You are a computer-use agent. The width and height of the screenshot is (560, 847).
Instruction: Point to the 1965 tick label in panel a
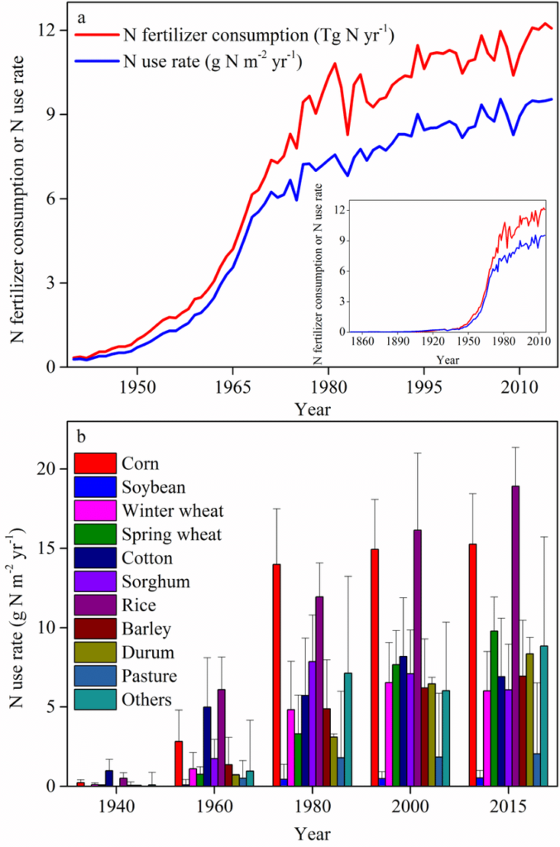pyautogui.click(x=232, y=386)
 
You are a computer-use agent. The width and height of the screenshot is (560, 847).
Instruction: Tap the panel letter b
pyautogui.click(x=81, y=434)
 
